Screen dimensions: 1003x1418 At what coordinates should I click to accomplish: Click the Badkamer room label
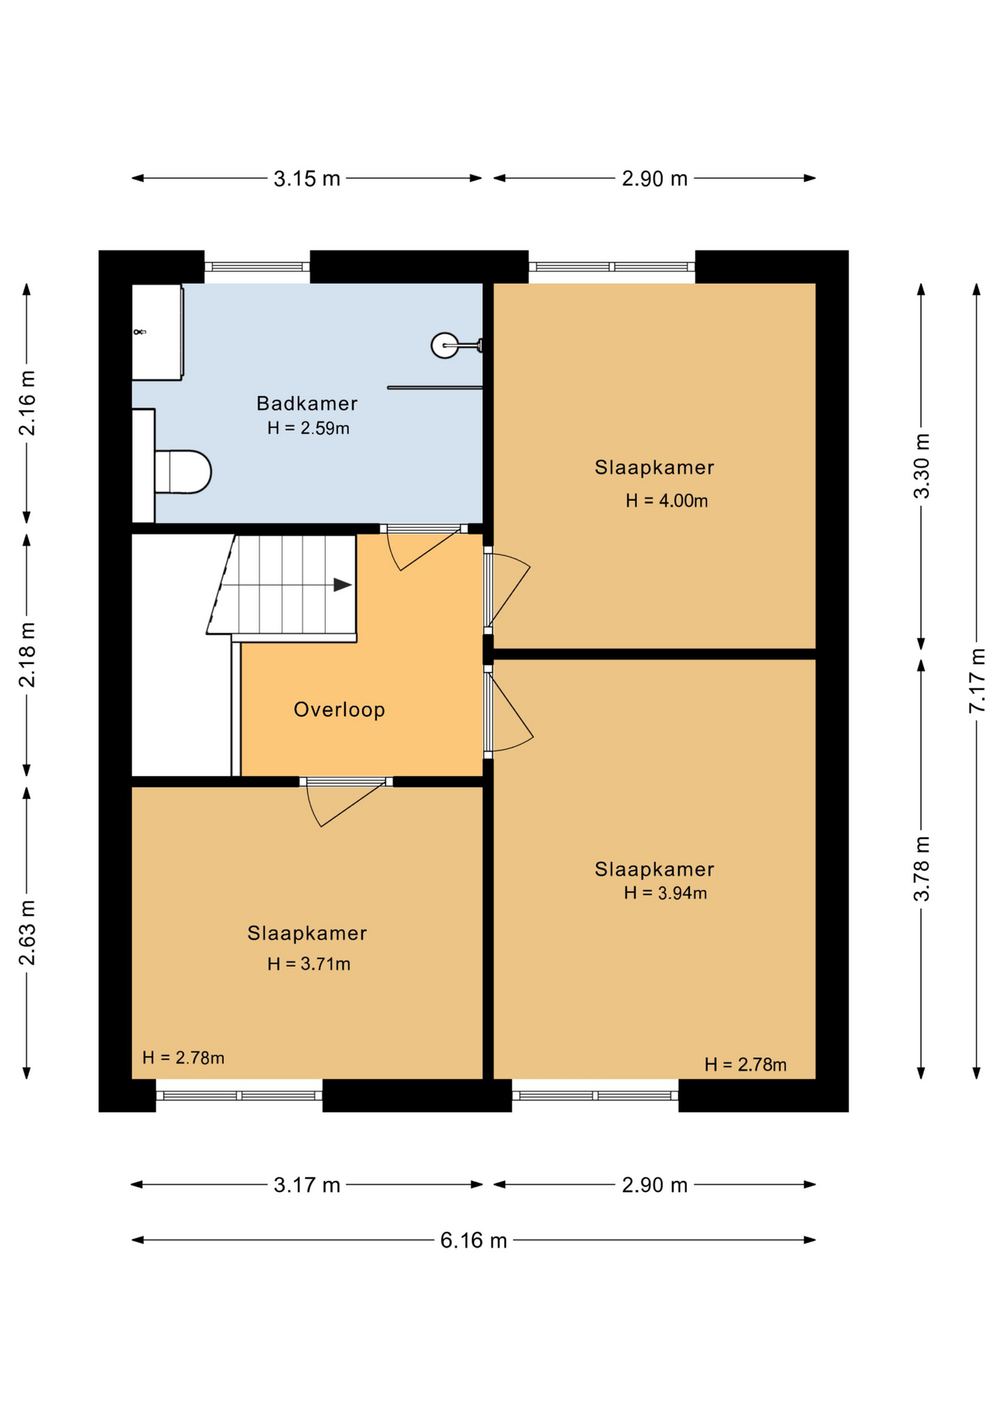[x=307, y=403]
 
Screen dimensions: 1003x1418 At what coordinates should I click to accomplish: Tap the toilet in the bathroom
[x=182, y=471]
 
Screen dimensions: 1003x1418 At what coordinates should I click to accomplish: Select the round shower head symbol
[x=445, y=345]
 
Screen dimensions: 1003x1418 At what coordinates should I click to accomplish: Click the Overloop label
[x=339, y=710]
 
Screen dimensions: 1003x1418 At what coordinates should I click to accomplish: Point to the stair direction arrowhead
[x=343, y=585]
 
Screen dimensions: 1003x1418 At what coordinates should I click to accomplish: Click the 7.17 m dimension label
[x=976, y=680]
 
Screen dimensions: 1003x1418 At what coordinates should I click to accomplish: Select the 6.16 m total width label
[x=473, y=1240]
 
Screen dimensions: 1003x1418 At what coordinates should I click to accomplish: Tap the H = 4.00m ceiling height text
[x=667, y=501]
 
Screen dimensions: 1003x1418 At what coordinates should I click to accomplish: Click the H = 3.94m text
[x=665, y=893]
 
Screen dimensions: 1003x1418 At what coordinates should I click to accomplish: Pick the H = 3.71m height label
[x=309, y=964]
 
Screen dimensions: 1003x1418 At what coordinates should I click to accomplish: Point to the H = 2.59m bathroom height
[x=308, y=428]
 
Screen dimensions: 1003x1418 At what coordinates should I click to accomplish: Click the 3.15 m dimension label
[x=307, y=179]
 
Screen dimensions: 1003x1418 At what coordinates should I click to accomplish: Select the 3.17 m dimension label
[x=307, y=1185]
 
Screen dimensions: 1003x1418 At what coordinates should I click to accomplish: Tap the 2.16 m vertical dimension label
[x=27, y=403]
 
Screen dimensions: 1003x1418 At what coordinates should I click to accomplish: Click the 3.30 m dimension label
[x=921, y=467]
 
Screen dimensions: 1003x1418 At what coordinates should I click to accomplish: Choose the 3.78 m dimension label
[x=921, y=869]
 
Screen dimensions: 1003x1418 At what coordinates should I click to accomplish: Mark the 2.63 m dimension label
[x=27, y=933]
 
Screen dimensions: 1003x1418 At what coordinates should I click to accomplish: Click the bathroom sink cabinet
[x=157, y=332]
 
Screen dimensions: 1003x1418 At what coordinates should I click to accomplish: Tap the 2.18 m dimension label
[x=27, y=655]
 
